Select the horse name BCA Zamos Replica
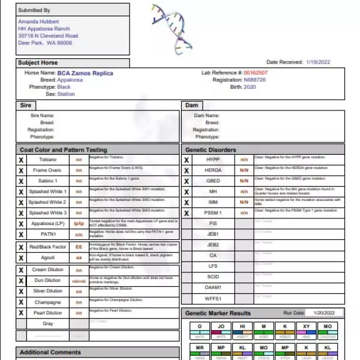point(85,73)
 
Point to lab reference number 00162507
point(256,73)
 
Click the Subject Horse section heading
point(38,62)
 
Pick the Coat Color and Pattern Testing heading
point(64,150)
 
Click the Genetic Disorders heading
point(211,150)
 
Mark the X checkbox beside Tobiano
point(22,160)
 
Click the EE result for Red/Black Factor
point(79,247)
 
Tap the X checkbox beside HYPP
point(187,160)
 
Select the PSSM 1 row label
point(214,213)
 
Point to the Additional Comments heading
point(50,352)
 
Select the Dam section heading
point(192,105)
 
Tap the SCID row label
point(214,277)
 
